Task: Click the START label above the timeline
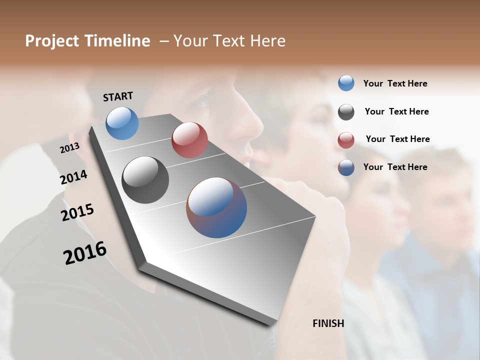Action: [x=118, y=96]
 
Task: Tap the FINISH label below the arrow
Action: [x=328, y=323]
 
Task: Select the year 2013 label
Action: [x=69, y=148]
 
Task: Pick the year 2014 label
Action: [x=73, y=177]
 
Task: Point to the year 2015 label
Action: [x=77, y=212]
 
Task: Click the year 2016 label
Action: [x=85, y=253]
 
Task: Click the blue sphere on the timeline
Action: [x=122, y=123]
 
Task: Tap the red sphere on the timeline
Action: [x=189, y=140]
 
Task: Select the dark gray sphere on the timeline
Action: [x=145, y=180]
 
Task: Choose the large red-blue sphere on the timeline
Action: [x=216, y=207]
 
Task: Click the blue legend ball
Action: [x=346, y=83]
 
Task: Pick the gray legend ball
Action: [x=346, y=111]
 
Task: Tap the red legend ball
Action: [x=346, y=140]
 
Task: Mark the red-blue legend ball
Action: [x=346, y=167]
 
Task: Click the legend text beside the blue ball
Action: [x=395, y=83]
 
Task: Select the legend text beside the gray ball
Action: [x=396, y=111]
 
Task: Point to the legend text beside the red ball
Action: [x=397, y=139]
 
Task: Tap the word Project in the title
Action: [x=52, y=41]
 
